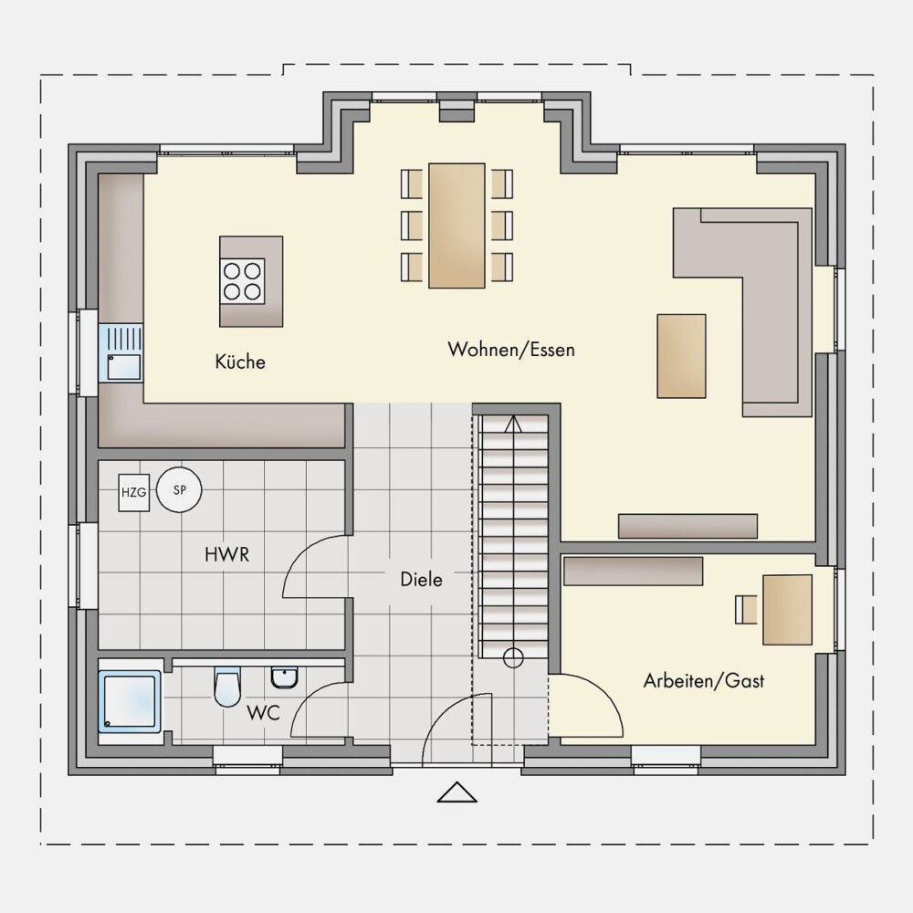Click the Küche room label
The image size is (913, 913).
pos(240,362)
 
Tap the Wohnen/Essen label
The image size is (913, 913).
pos(510,350)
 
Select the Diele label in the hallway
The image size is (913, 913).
pos(421,580)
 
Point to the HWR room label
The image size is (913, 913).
pos(226,554)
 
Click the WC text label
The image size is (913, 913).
pos(263,712)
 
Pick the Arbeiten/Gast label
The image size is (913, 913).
pos(703,681)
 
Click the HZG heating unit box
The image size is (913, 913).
pos(134,493)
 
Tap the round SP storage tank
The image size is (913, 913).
pos(179,490)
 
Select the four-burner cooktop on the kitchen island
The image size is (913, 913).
pos(242,281)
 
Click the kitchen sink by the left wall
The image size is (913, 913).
pos(121,353)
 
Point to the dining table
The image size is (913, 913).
pos(456,226)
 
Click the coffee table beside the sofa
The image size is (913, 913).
pos(681,356)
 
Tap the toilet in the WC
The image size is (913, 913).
pos(227,687)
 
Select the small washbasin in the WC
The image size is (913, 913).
pos(285,677)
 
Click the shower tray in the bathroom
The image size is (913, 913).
pos(130,701)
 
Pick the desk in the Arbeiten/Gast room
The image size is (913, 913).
pos(787,610)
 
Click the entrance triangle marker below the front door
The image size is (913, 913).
pos(457,792)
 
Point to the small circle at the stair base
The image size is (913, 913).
pos(513,658)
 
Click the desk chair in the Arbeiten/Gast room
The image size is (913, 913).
pos(746,610)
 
